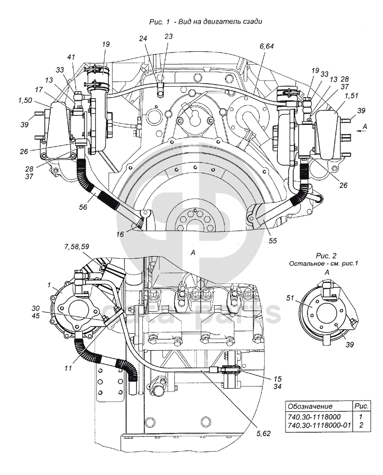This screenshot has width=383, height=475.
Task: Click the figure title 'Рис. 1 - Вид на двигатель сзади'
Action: [x=206, y=21]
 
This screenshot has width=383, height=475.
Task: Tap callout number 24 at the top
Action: [x=143, y=40]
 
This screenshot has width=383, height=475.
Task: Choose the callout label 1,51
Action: [x=342, y=97]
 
